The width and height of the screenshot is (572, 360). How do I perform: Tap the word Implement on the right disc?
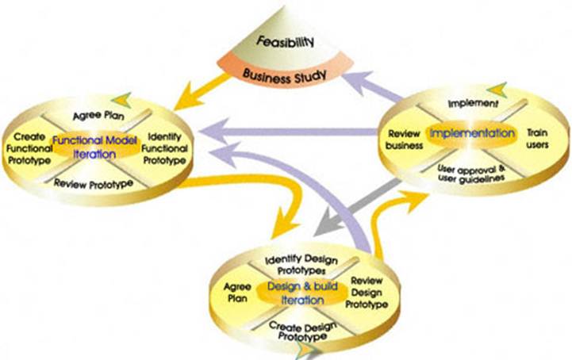pyautogui.click(x=473, y=103)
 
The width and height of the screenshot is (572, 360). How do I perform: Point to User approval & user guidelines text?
pyautogui.click(x=471, y=172)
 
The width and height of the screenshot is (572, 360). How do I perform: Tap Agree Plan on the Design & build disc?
pyautogui.click(x=237, y=293)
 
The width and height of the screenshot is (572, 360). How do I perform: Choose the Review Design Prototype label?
pyautogui.click(x=367, y=293)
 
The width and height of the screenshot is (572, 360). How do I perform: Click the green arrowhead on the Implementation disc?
pyautogui.click(x=497, y=90)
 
